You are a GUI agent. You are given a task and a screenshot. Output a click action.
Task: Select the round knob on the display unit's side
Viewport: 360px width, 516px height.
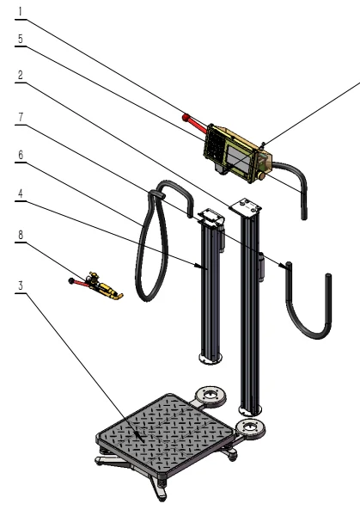pos(258,177)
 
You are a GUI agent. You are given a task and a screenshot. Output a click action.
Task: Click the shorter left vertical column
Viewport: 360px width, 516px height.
pos(211,292)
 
